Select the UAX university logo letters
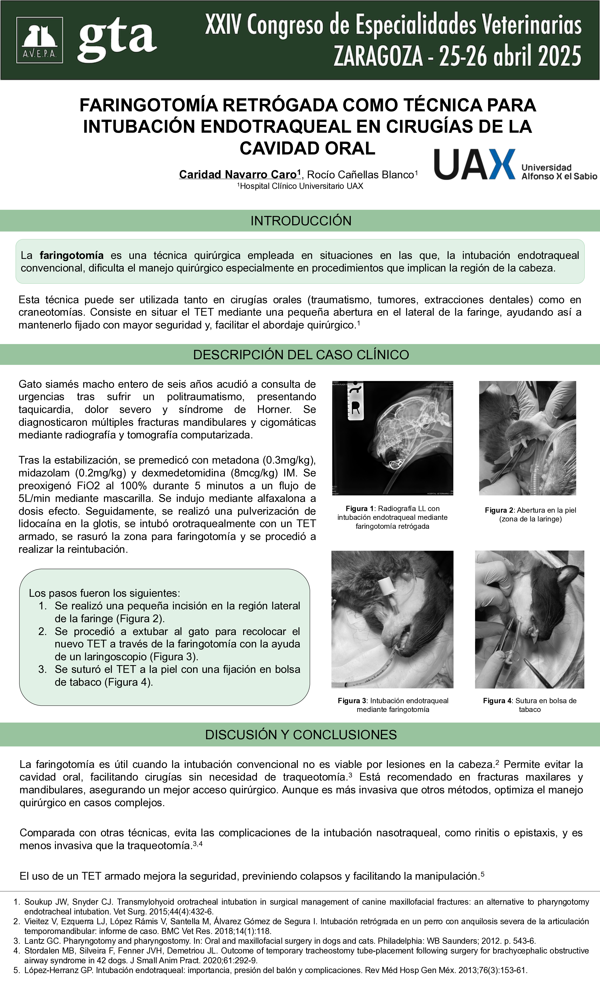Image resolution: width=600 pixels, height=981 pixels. [474, 164]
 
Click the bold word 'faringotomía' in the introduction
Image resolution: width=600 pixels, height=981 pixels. [72, 255]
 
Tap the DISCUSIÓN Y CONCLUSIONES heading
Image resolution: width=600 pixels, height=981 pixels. [301, 735]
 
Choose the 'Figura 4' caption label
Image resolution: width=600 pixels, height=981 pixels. [497, 700]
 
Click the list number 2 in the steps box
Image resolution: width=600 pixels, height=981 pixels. [43, 631]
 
